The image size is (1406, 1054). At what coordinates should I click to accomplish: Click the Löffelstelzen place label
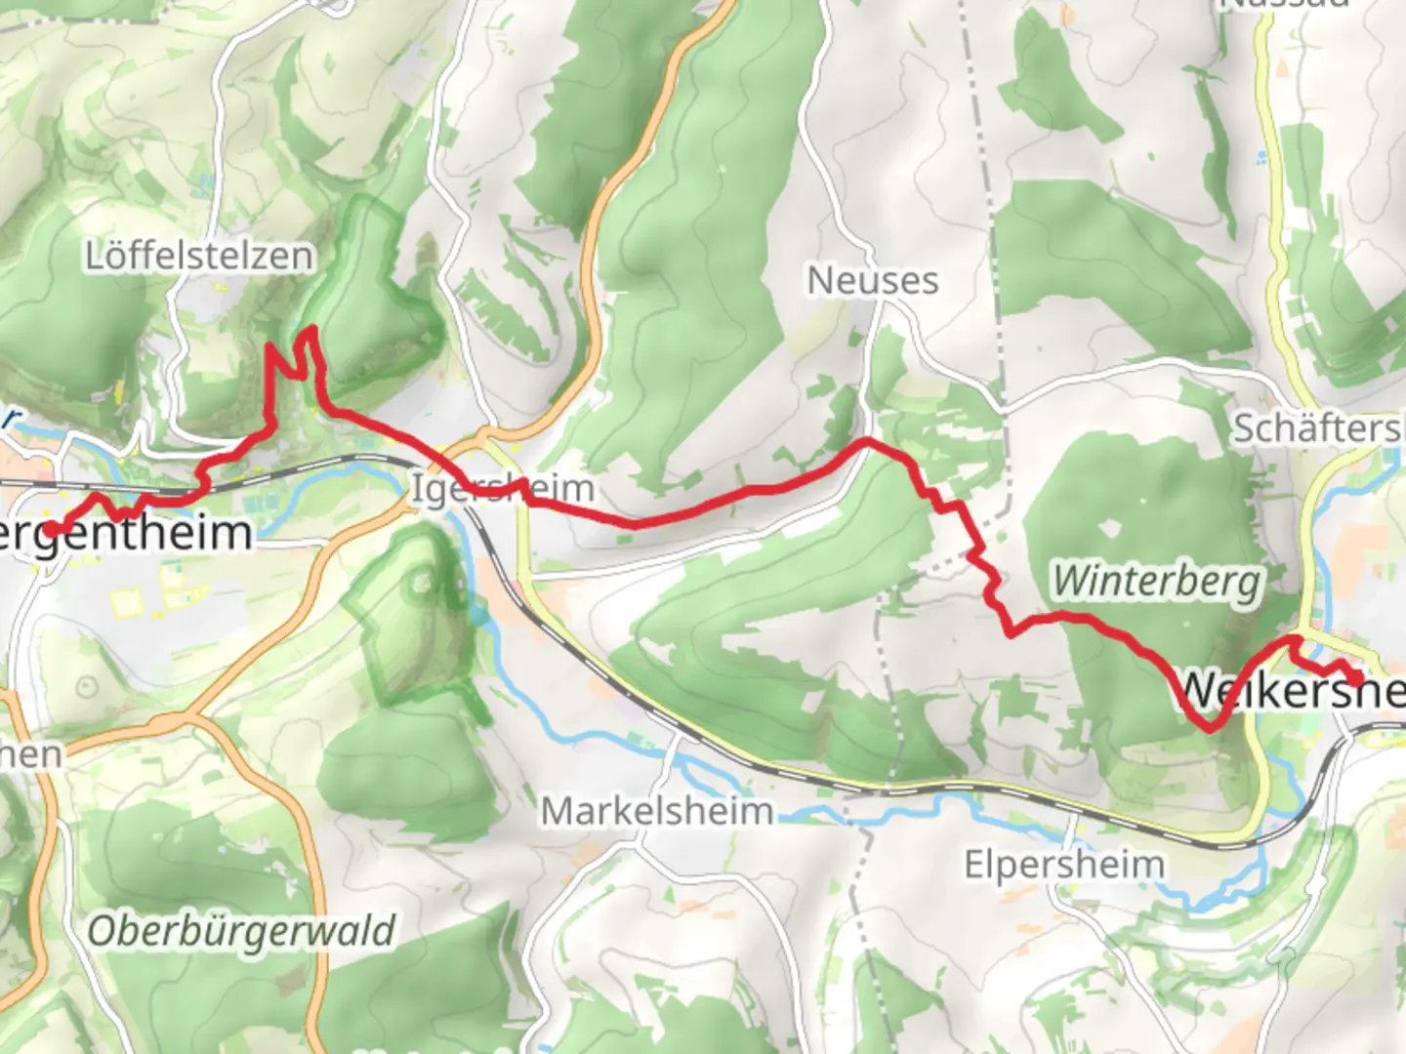(199, 256)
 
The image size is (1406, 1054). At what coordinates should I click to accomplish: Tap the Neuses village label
(872, 281)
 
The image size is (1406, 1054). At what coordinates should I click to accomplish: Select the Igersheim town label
(502, 488)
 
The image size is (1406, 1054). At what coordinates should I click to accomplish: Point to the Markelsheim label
(656, 811)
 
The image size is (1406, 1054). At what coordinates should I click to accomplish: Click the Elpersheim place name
(1063, 865)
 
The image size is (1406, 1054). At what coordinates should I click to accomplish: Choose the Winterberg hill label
(1156, 582)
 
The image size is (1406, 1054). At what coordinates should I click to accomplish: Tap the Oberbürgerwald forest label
(241, 931)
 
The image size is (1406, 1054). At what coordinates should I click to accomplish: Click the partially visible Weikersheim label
(1289, 691)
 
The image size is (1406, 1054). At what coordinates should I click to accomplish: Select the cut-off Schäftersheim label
(1318, 427)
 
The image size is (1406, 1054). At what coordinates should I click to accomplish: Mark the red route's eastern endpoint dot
(1355, 678)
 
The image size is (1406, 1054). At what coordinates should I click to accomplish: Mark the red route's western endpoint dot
(50, 529)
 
